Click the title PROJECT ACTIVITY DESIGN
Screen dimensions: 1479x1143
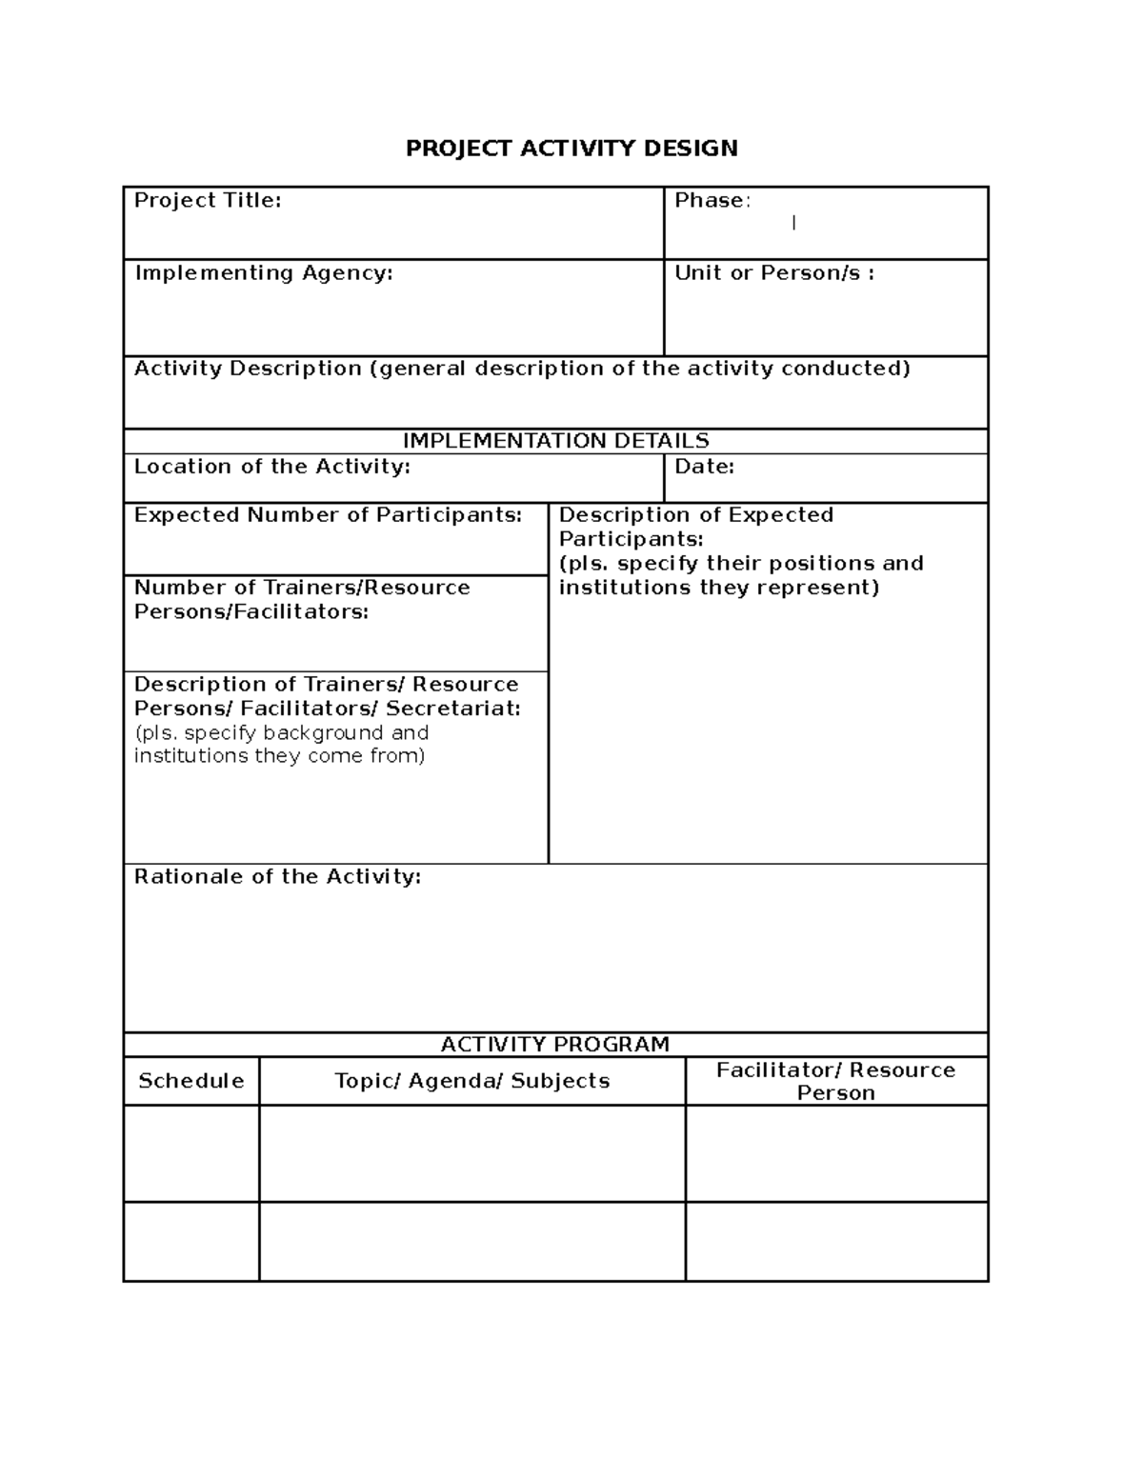pyautogui.click(x=571, y=149)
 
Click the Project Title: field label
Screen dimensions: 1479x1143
pyautogui.click(x=208, y=200)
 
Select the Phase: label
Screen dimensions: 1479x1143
pyautogui.click(x=712, y=200)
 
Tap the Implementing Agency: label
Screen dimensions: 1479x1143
pyautogui.click(x=263, y=273)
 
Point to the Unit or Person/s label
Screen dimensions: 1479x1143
pyautogui.click(x=773, y=273)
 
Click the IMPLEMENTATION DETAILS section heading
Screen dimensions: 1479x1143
pyautogui.click(x=555, y=441)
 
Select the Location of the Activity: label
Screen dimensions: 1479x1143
pyautogui.click(x=271, y=467)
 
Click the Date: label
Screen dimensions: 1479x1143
pyautogui.click(x=704, y=467)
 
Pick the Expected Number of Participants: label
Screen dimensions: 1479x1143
pyautogui.click(x=328, y=515)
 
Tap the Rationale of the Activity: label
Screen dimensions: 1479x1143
pyautogui.click(x=277, y=876)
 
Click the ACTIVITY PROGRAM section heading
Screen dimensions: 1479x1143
pyautogui.click(x=555, y=1045)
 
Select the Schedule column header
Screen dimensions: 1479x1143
pyautogui.click(x=191, y=1081)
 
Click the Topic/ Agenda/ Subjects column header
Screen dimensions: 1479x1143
pyautogui.click(x=471, y=1081)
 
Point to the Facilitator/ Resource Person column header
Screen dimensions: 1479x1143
pyautogui.click(x=835, y=1081)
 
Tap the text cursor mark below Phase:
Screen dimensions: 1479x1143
pyautogui.click(x=793, y=223)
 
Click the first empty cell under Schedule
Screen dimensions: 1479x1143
pyautogui.click(x=191, y=1152)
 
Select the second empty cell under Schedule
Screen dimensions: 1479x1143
pyautogui.click(x=191, y=1241)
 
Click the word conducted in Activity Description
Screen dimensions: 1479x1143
pyautogui.click(x=845, y=369)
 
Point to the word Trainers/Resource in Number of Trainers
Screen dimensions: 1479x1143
pyautogui.click(x=366, y=588)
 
